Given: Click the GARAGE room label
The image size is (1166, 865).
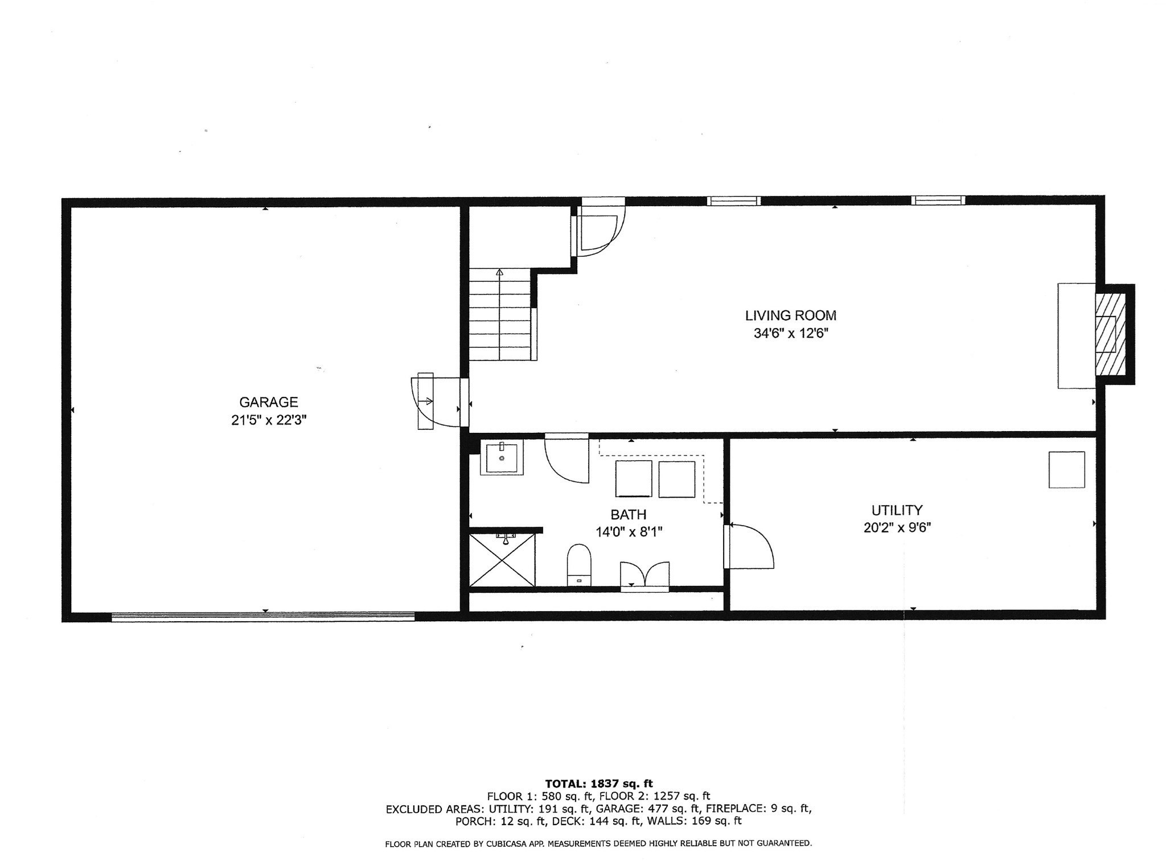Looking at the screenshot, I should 268,402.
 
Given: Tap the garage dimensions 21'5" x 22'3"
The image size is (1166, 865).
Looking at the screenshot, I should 268,420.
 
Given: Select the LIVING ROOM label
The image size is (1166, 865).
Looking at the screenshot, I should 790,315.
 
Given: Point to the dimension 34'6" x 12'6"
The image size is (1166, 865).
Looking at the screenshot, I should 790,333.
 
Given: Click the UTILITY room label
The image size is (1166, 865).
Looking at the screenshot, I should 897,510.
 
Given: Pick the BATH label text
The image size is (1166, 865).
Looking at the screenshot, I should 628,515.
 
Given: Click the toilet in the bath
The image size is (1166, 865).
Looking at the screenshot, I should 580,565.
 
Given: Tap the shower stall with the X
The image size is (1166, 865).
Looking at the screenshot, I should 502,559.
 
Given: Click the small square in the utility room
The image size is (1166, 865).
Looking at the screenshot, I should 1066,469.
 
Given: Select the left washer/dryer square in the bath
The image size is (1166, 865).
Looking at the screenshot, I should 633,479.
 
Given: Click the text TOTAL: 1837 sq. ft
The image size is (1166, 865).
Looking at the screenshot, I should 598,784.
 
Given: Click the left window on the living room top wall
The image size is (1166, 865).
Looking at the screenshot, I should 733,200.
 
